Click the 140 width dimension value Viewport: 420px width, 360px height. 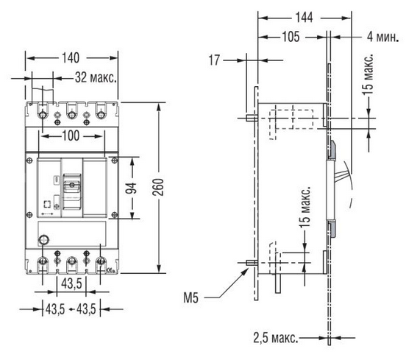(x=71, y=58)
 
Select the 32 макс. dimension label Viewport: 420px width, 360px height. (x=96, y=77)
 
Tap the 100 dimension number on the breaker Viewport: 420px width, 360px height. (x=71, y=136)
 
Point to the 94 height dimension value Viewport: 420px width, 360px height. (x=131, y=188)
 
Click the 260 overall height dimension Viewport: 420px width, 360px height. (x=159, y=187)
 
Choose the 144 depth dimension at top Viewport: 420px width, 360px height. (x=304, y=18)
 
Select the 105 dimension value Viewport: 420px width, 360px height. (x=291, y=37)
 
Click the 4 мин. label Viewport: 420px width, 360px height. (x=383, y=37)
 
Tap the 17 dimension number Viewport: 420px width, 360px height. (x=214, y=60)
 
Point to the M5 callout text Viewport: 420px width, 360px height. (x=191, y=297)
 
